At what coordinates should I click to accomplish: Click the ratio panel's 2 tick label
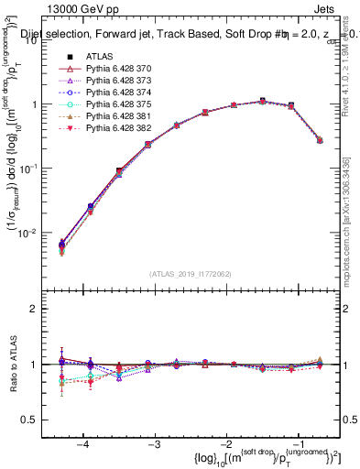41,309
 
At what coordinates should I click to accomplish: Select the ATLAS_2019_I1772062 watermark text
190,273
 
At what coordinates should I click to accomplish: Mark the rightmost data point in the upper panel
319,140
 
